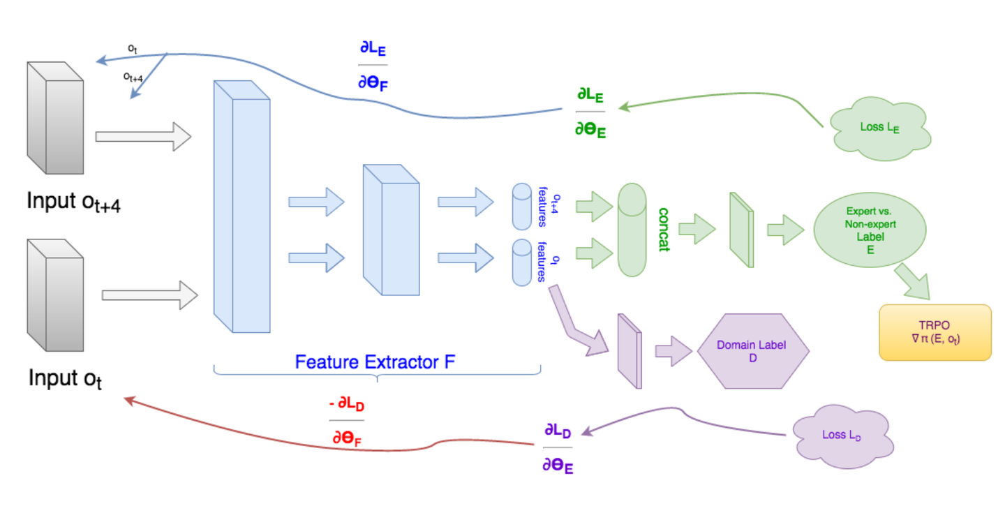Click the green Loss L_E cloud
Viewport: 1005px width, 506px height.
880,128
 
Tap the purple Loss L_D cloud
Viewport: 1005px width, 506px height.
843,436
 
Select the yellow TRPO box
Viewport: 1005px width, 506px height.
935,332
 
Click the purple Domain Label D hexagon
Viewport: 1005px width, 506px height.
753,351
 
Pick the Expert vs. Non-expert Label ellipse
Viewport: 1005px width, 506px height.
870,230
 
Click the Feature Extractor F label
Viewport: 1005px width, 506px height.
375,362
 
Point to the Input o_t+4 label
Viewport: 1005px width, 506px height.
73,202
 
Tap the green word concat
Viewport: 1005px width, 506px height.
664,229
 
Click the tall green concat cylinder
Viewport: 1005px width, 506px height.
632,230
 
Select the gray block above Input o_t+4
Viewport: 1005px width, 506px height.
55,117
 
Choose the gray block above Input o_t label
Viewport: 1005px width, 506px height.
55,295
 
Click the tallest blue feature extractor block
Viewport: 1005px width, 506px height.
241,207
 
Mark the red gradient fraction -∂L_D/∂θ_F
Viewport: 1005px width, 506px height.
347,421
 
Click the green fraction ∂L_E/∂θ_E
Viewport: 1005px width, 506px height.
590,112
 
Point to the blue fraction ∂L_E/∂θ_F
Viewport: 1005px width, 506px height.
373,66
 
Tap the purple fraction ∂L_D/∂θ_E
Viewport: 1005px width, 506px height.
558,447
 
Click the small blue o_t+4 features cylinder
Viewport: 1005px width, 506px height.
522,207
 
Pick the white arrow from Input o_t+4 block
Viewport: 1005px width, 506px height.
144,136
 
